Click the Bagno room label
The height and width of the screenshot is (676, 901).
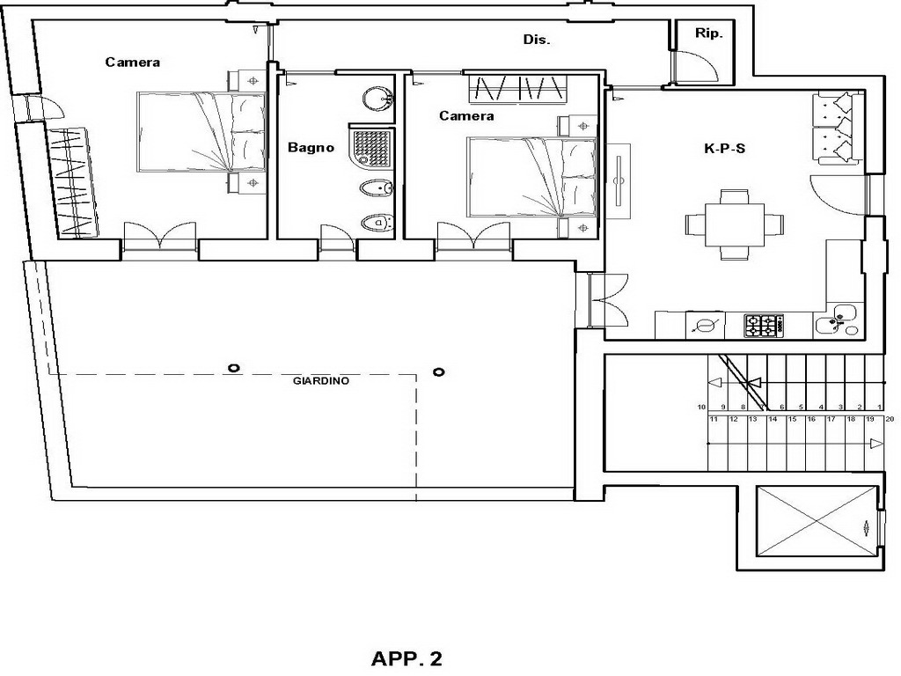(x=311, y=148)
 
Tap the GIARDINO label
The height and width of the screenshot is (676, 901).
(x=321, y=380)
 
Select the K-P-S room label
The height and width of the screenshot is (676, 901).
(x=725, y=148)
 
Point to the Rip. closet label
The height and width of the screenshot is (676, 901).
(x=708, y=33)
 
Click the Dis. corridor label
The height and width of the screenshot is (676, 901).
(x=537, y=40)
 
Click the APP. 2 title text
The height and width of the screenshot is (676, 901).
(x=407, y=658)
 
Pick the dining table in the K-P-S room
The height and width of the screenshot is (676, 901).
(x=735, y=224)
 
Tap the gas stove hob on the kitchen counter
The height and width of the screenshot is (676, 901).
(x=765, y=326)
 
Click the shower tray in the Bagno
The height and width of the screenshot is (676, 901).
(x=372, y=147)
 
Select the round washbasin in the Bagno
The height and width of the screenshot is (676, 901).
(x=377, y=99)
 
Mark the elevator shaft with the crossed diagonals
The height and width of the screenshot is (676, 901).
(x=817, y=521)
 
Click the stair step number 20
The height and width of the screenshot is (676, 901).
(x=890, y=419)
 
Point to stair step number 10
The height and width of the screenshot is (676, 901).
(x=701, y=407)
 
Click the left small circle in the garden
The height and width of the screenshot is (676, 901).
(x=233, y=368)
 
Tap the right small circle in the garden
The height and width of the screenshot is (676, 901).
(x=438, y=372)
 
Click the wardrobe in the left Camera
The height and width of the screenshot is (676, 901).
(x=73, y=182)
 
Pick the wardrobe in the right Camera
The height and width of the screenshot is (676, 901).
(x=517, y=89)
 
